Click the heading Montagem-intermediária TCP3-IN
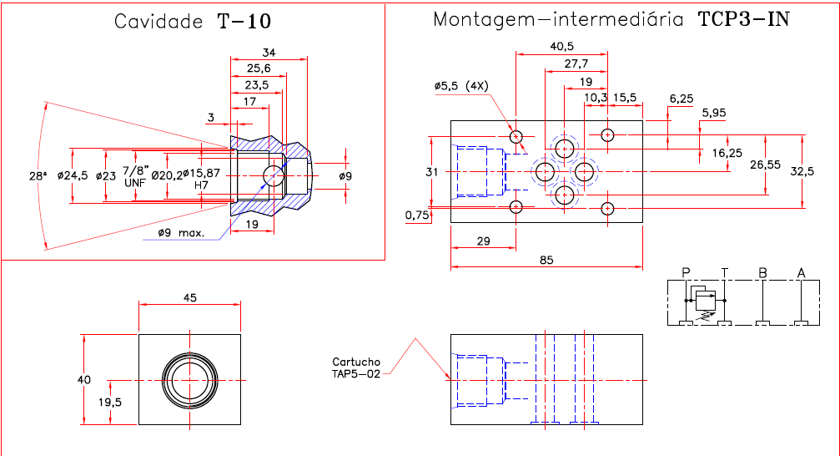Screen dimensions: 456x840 pyautogui.click(x=611, y=20)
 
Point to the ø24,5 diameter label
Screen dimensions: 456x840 pyautogui.click(x=72, y=176)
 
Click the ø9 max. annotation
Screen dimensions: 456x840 pyautogui.click(x=181, y=233)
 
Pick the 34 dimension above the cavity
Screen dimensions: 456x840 pyautogui.click(x=269, y=53)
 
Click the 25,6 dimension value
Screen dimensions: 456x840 pyautogui.click(x=259, y=68)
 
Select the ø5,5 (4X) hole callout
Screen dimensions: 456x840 pyautogui.click(x=461, y=86)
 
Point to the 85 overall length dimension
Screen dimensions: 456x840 pyautogui.click(x=546, y=260)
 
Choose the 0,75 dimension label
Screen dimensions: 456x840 pyautogui.click(x=417, y=215)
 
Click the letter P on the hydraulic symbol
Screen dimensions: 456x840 pyautogui.click(x=686, y=272)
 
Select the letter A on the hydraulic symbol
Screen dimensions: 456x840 pyautogui.click(x=802, y=272)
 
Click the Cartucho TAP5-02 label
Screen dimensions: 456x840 pyautogui.click(x=355, y=367)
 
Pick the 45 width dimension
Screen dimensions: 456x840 pyautogui.click(x=189, y=296)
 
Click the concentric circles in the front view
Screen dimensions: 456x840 pyautogui.click(x=190, y=380)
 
